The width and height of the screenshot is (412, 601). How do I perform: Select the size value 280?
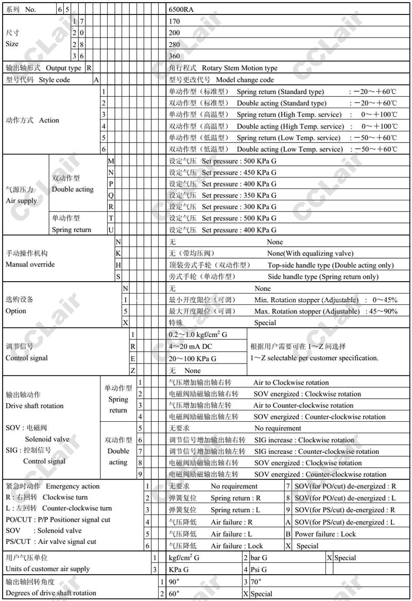(x=175, y=44)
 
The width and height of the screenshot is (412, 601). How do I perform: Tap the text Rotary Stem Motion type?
(x=239, y=68)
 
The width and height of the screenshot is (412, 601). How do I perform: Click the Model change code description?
(x=245, y=80)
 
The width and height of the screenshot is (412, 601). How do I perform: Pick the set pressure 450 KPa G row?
(x=239, y=173)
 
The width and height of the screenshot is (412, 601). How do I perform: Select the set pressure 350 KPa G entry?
(x=239, y=196)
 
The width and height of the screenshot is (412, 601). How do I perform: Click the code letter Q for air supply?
(x=111, y=196)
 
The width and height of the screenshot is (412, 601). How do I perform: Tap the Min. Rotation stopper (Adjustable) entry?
(x=307, y=300)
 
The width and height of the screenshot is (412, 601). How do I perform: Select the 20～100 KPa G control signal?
(x=193, y=358)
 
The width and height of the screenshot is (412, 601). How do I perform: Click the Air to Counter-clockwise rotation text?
(x=303, y=405)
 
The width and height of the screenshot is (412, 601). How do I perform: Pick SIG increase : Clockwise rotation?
(x=304, y=440)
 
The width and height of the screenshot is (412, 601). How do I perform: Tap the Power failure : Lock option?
(x=325, y=534)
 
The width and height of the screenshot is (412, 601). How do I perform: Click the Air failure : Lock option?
(x=237, y=546)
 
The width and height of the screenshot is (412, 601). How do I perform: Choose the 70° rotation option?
(x=256, y=581)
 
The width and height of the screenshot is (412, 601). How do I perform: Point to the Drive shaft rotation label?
(x=35, y=406)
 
